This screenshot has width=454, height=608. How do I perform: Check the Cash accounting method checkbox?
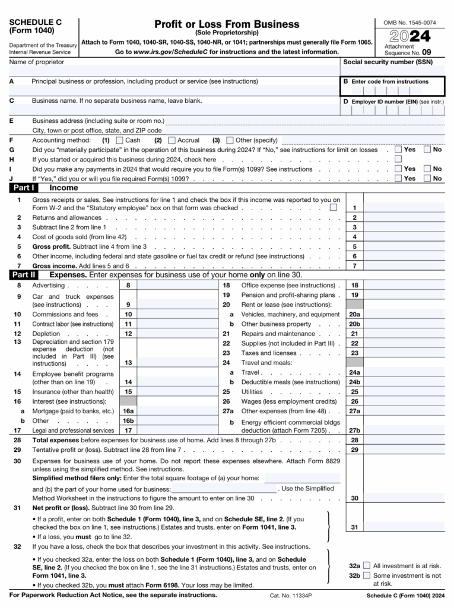pos(119,141)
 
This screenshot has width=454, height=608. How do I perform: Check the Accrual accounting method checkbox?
pos(172,141)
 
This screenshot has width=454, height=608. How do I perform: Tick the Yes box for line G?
pos(398,150)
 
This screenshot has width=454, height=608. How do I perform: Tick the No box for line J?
pos(427,178)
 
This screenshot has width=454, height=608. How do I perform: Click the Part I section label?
pos(24,188)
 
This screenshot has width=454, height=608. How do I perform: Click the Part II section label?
pos(24,275)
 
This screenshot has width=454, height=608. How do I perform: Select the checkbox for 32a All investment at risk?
pos(367,566)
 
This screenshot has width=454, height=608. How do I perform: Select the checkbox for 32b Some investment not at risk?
pos(367,575)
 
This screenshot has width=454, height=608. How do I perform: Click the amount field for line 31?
pos(404,527)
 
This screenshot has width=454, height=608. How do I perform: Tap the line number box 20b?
pos(354,324)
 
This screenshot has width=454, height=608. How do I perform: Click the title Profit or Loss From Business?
pos(227,24)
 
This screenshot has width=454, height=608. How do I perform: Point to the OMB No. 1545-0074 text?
pos(409,23)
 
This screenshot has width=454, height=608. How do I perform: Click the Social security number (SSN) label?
pos(388,62)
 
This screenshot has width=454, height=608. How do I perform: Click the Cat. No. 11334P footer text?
pos(291,595)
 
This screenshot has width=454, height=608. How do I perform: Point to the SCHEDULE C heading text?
pos(35,22)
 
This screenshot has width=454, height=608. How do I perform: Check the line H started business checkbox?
pos(398,160)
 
